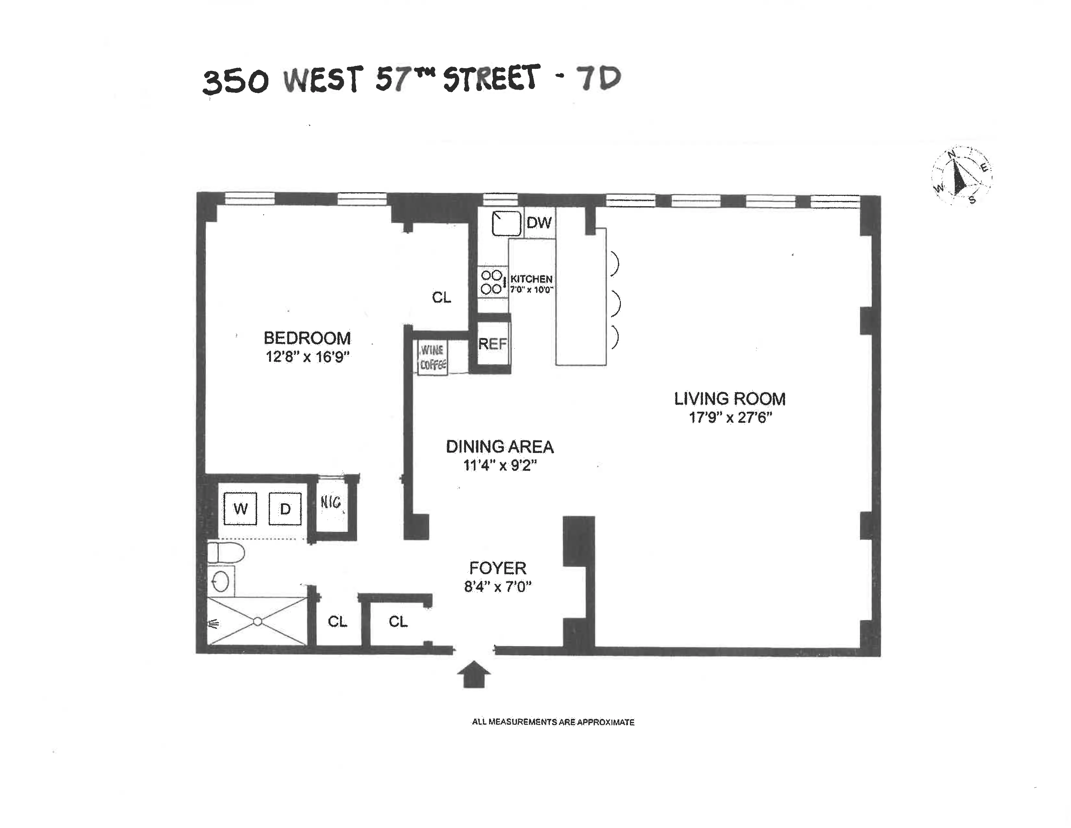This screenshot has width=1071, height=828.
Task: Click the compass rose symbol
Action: (961, 176)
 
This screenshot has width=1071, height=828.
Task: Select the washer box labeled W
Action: (240, 509)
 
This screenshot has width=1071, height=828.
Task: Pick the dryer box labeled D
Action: (285, 509)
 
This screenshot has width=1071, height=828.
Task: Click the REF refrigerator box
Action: (492, 344)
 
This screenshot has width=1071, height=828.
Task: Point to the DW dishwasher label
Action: (539, 223)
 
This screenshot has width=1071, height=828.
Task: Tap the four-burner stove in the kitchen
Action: (492, 282)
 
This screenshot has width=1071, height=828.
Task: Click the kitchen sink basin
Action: (506, 223)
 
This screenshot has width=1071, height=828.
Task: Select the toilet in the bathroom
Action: (226, 553)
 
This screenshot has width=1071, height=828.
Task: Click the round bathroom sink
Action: (221, 582)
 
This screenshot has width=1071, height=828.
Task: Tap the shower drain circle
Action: (258, 621)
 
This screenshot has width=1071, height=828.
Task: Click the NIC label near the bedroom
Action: (331, 502)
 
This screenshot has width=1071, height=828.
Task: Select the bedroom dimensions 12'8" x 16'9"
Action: (307, 357)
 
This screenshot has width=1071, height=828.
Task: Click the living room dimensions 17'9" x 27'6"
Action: (730, 418)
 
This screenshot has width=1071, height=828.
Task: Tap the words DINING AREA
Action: (500, 447)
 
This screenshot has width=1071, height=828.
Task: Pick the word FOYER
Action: (498, 568)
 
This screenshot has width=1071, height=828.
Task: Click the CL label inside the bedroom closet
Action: (441, 297)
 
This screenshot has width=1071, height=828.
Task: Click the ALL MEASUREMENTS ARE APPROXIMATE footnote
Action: (553, 722)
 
